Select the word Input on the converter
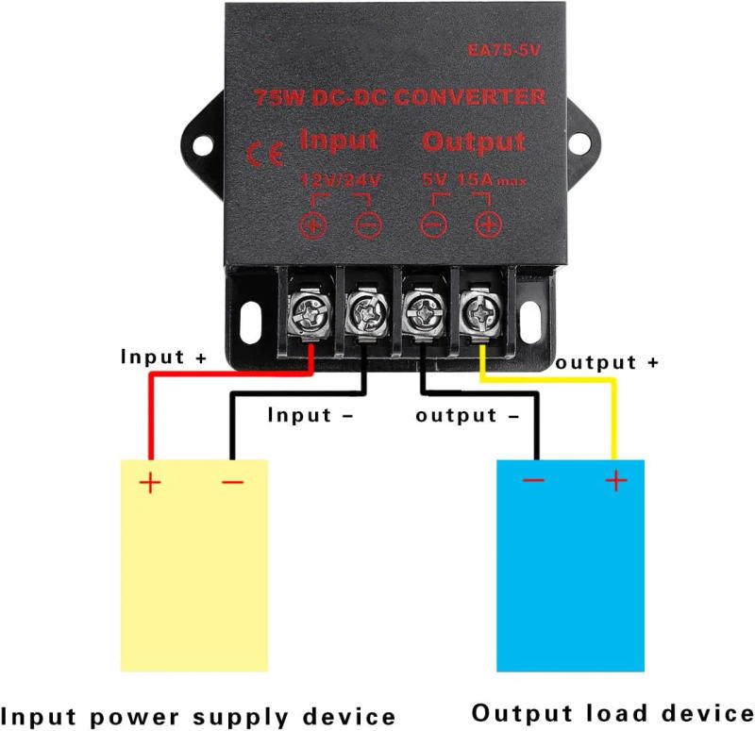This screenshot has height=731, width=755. click(x=339, y=141)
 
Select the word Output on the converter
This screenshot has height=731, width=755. click(x=474, y=142)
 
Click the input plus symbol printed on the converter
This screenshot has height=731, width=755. click(x=312, y=224)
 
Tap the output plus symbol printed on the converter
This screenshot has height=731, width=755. click(x=488, y=224)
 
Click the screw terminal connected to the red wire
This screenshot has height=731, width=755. click(x=310, y=311)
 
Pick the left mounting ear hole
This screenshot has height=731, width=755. click(x=202, y=142)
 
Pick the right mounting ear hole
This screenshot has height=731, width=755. click(x=577, y=142)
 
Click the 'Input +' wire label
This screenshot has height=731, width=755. click(x=163, y=358)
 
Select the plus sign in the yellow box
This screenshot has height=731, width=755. click(x=150, y=484)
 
